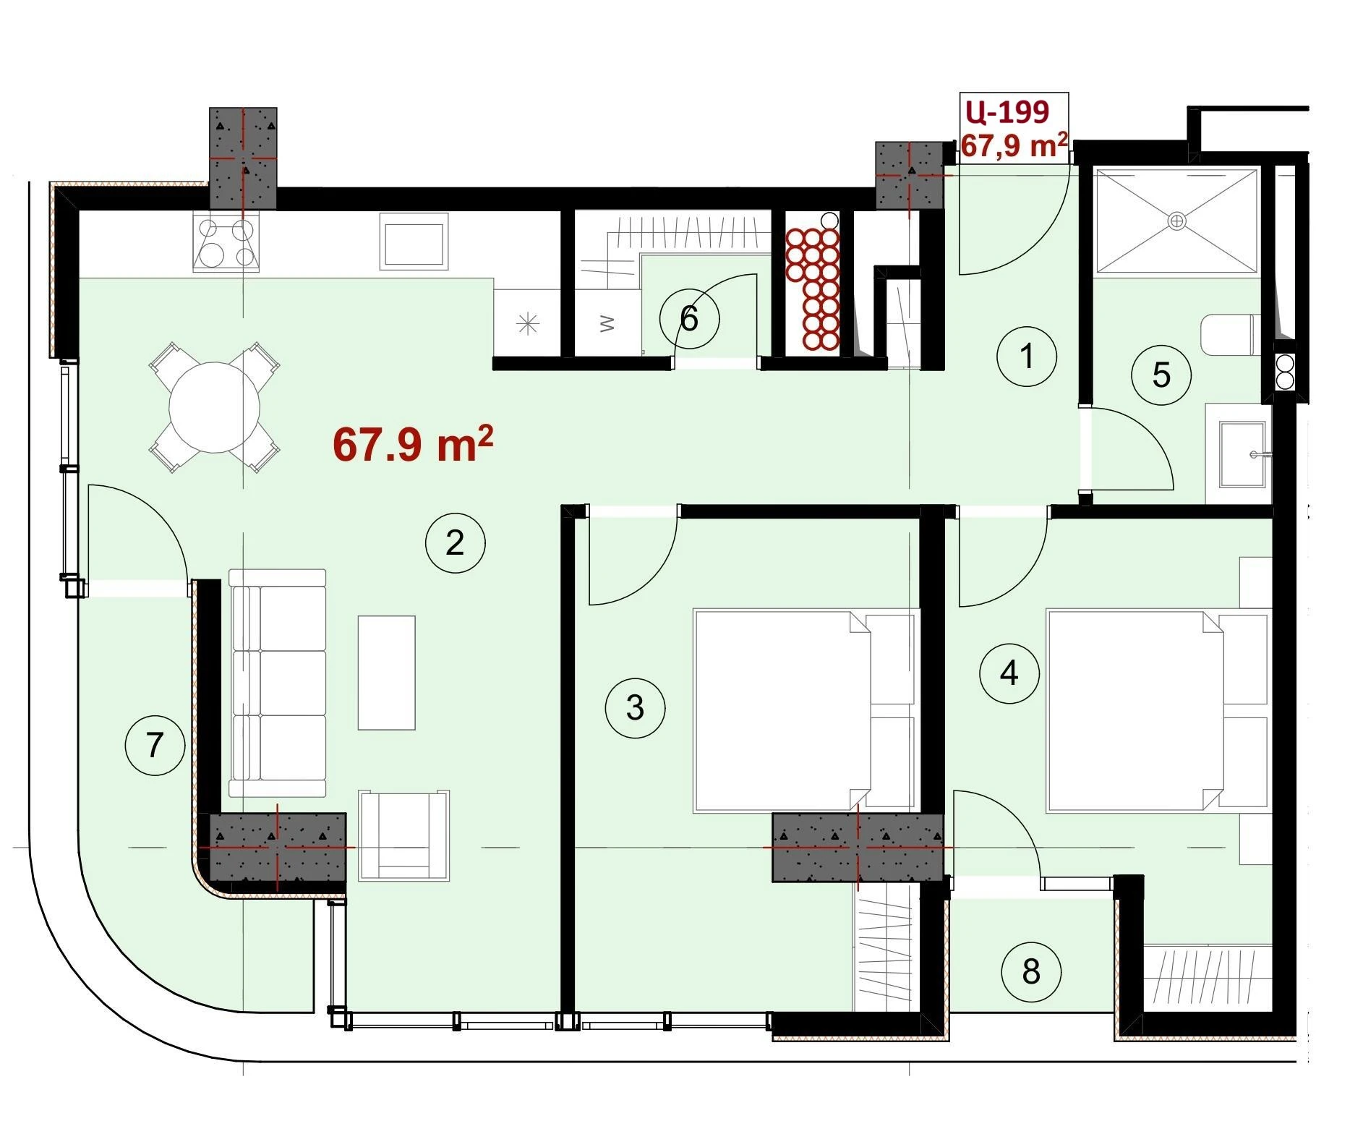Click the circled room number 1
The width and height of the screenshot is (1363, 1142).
1026,356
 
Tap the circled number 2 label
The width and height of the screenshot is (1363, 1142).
455,543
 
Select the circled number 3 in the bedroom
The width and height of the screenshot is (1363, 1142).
635,707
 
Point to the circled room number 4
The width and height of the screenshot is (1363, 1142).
1009,673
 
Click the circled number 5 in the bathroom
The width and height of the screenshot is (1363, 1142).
1161,375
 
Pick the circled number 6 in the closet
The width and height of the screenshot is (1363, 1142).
689,318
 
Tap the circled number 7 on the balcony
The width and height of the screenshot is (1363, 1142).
155,745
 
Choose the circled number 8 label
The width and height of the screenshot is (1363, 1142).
1031,971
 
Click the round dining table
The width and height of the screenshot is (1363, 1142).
214,407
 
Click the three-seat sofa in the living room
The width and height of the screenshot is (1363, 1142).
278,683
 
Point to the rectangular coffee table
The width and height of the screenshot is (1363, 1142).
387,673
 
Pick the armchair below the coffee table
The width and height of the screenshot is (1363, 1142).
403,835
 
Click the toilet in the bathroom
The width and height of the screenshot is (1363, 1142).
1230,335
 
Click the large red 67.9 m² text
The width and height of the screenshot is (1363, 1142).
413,443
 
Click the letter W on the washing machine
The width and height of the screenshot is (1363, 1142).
607,323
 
